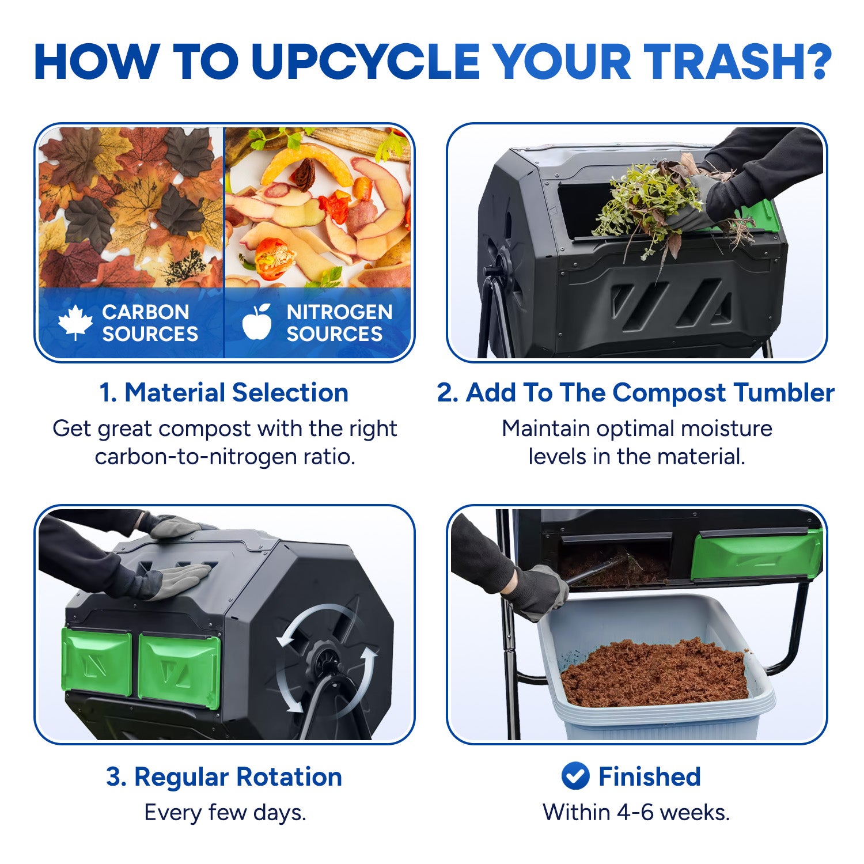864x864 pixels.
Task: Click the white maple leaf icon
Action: tap(75, 323)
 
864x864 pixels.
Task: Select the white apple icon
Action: tap(257, 321)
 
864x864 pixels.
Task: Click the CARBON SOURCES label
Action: tap(150, 323)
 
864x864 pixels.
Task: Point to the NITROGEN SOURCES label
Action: tap(339, 323)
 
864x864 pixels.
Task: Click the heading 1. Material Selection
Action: tap(224, 393)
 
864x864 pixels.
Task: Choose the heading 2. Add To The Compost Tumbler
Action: tap(636, 393)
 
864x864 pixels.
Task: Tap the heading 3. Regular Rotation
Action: tap(224, 776)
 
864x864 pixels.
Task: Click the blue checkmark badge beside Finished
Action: tap(575, 776)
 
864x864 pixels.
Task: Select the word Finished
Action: tap(649, 776)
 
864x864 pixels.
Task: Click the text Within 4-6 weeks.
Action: tap(636, 812)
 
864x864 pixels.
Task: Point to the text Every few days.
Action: tap(225, 813)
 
